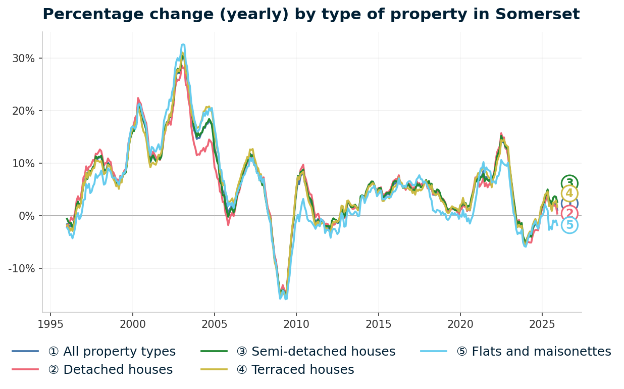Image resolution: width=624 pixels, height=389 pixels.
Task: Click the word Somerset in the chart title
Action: click(x=537, y=15)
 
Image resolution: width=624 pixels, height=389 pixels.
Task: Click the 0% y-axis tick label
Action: click(x=27, y=216)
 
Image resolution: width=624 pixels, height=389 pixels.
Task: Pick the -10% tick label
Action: click(x=22, y=268)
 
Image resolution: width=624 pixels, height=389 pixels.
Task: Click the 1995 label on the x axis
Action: click(x=50, y=324)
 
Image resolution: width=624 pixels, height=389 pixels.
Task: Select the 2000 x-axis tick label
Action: click(x=132, y=324)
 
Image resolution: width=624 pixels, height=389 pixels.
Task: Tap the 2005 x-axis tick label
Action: click(x=214, y=324)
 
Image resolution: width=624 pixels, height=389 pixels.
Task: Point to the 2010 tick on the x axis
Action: click(x=296, y=324)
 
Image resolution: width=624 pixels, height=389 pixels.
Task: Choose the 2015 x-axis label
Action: click(x=378, y=324)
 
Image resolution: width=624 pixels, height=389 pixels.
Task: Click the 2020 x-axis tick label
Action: click(x=460, y=324)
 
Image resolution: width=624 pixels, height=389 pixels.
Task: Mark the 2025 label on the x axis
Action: click(x=542, y=324)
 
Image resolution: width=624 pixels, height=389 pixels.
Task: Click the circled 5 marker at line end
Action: click(x=569, y=225)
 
